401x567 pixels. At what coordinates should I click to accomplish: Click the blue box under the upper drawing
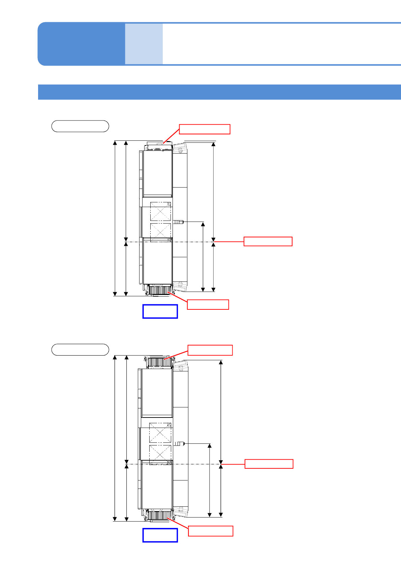pos(160,311)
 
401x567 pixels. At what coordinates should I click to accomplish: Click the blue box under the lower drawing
pos(160,535)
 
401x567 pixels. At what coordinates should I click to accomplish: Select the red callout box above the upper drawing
pos(205,129)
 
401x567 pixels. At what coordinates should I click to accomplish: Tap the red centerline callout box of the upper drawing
pos(268,242)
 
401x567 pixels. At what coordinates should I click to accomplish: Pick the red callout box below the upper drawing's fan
pos(208,304)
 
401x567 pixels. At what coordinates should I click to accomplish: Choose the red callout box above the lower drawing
pos(210,350)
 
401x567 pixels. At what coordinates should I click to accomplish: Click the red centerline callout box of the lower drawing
pos(269,464)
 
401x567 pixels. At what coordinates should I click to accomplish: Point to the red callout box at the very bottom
pos(211,531)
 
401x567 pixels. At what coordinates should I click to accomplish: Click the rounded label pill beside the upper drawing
pos(80,126)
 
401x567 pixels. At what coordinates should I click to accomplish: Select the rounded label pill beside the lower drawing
pos(80,350)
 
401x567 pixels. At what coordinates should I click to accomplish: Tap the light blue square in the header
pos(144,44)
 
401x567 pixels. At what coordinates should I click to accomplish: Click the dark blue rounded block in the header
pos(81,44)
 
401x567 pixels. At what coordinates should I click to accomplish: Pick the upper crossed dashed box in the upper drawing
pos(160,212)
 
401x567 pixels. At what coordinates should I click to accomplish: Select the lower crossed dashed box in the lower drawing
pos(160,455)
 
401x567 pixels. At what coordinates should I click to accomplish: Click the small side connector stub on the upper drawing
pos(179,222)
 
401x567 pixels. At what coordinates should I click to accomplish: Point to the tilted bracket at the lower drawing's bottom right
pos(181,512)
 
